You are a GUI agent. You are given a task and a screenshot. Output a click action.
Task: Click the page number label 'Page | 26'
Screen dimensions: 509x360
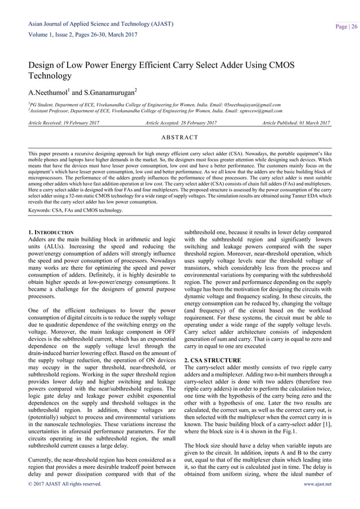click(x=345, y=27)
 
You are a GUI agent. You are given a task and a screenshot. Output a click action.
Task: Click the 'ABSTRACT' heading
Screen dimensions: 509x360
click(x=180, y=137)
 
